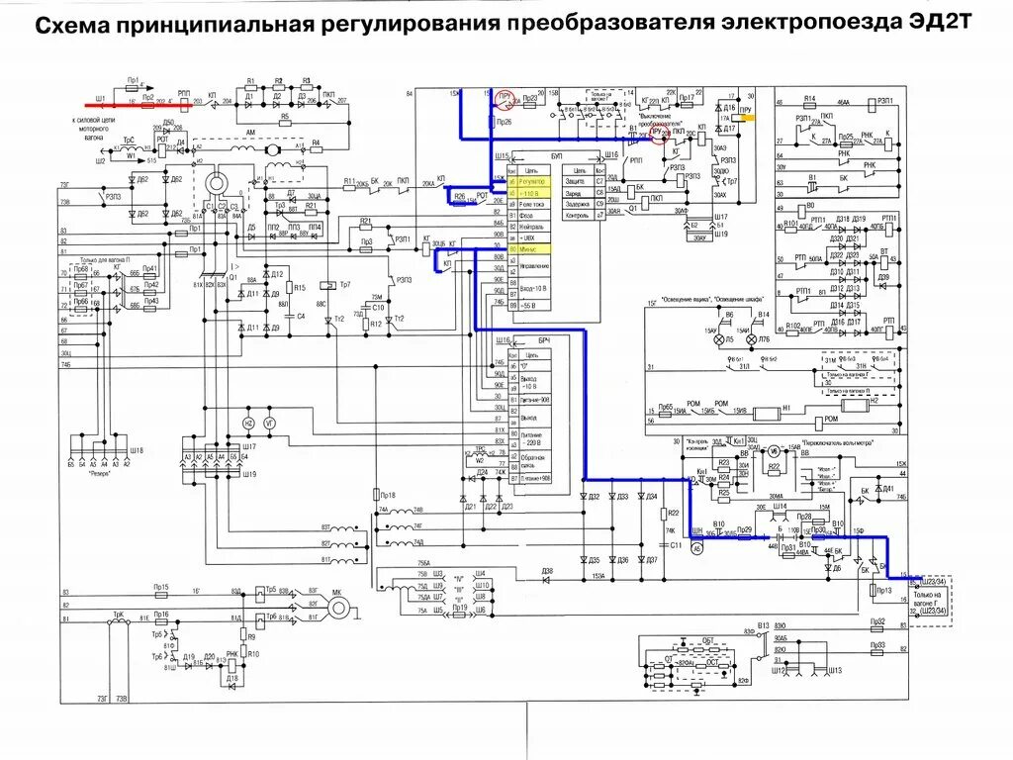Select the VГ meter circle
click(269, 423)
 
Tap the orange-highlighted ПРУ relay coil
click(749, 117)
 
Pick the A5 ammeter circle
click(695, 547)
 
